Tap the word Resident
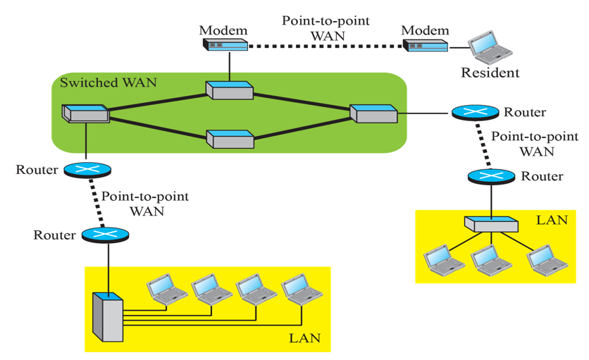click(x=490, y=72)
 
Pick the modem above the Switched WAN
click(x=225, y=45)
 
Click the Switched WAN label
click(x=108, y=82)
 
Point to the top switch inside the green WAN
click(x=229, y=89)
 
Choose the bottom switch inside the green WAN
click(x=230, y=138)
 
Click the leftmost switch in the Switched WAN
click(x=85, y=113)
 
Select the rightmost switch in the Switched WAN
click(x=373, y=113)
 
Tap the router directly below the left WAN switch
click(x=85, y=170)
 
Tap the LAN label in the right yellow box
click(x=552, y=220)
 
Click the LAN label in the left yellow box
click(x=304, y=338)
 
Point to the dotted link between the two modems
click(x=325, y=46)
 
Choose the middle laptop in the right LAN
click(x=491, y=261)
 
